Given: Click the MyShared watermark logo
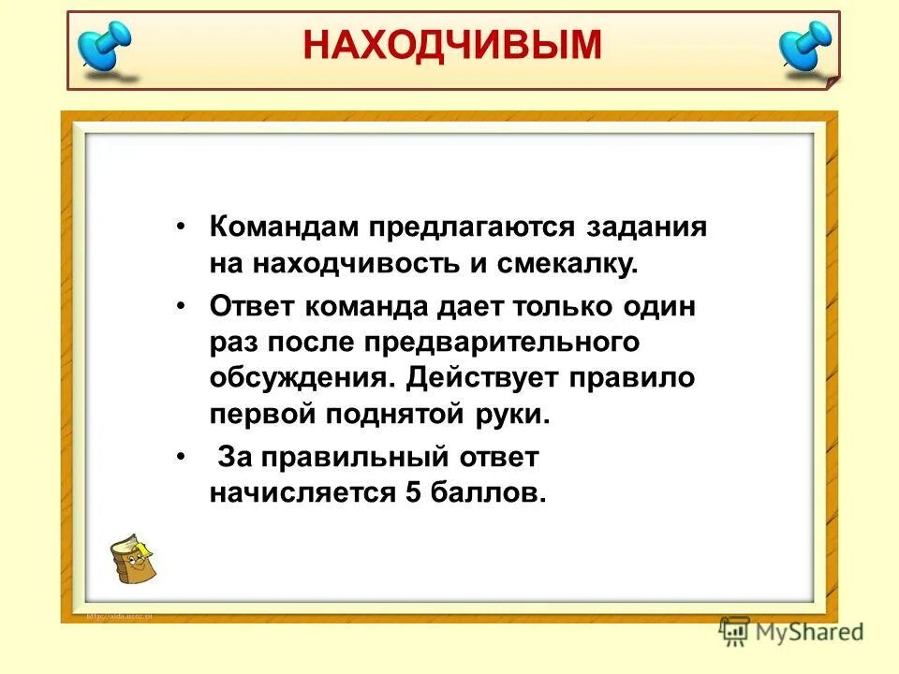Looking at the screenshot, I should click(791, 631).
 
